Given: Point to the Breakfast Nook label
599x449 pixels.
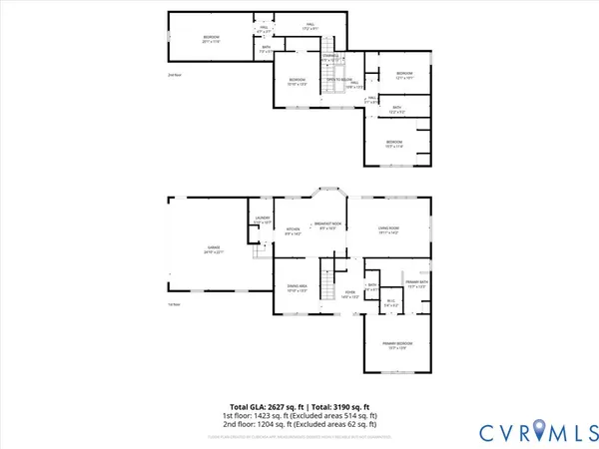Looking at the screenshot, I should click(329, 224).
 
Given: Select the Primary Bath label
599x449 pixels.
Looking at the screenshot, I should click(416, 285).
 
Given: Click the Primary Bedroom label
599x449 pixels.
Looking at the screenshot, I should click(396, 345).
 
